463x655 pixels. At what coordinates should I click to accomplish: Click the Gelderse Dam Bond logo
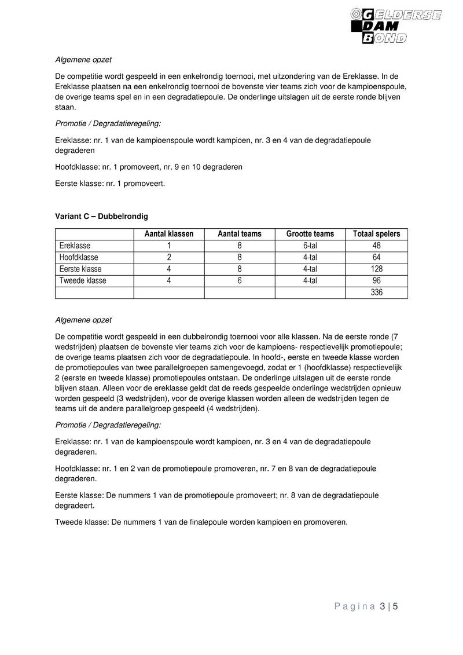click(396, 26)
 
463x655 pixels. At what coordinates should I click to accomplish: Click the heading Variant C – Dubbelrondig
click(101, 216)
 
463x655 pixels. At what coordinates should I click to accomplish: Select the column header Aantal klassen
click(168, 234)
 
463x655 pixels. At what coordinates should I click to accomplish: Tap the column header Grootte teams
click(310, 234)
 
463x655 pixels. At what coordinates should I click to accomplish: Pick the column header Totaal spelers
click(376, 234)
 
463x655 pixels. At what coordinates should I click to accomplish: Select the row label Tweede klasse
click(83, 281)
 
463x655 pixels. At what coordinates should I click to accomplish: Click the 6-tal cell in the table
click(310, 246)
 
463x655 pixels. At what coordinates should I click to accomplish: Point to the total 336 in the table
click(376, 292)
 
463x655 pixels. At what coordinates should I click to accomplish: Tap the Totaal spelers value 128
click(376, 269)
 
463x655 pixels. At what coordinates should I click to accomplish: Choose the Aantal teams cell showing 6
click(239, 281)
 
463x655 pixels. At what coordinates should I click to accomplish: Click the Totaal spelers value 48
click(376, 246)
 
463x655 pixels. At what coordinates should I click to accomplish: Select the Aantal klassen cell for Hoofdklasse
click(168, 257)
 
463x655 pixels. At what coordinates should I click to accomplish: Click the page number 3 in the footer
click(383, 607)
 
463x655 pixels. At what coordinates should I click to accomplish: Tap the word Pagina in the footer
click(354, 607)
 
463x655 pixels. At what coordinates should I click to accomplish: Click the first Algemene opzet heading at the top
click(83, 60)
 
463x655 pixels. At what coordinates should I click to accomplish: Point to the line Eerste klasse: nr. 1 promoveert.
click(110, 183)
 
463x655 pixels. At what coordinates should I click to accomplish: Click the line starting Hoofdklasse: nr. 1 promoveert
click(148, 167)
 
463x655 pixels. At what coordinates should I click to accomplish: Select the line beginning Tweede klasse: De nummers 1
click(201, 522)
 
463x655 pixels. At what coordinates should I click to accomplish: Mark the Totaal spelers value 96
click(376, 281)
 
